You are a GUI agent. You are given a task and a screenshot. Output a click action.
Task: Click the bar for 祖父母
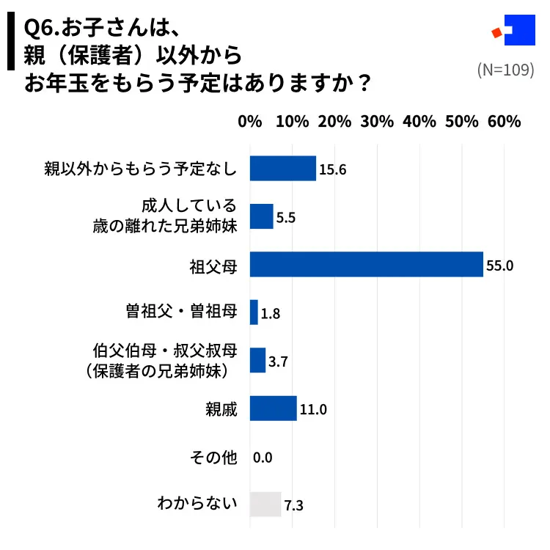click(366, 264)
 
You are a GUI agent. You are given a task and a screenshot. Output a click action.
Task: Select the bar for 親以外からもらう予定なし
click(282, 169)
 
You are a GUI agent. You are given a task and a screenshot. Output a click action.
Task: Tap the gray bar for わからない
click(265, 505)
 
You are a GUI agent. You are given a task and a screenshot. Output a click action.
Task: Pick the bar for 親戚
click(273, 408)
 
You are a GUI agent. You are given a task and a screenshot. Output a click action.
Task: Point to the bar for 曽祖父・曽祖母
click(254, 312)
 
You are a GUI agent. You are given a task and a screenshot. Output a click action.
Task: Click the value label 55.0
click(499, 265)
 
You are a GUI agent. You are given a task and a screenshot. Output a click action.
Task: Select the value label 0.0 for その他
click(263, 458)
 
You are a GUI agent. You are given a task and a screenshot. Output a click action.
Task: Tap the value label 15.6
click(332, 170)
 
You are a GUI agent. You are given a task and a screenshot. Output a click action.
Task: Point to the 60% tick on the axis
click(504, 122)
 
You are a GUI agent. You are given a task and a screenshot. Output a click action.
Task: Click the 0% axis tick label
click(250, 122)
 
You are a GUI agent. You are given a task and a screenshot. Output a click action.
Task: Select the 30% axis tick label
click(377, 122)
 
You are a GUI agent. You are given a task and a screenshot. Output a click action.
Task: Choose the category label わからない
click(197, 505)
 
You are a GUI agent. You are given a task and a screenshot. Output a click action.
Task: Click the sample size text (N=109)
click(505, 70)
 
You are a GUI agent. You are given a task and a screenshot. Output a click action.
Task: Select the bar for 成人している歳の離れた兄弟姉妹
click(262, 216)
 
